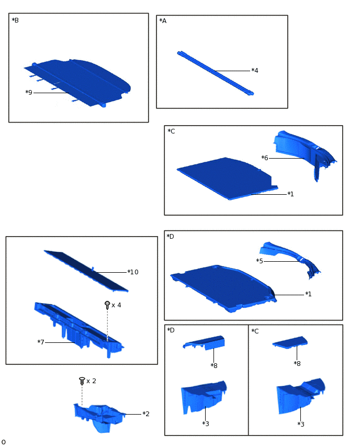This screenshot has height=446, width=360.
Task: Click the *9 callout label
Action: [29, 93]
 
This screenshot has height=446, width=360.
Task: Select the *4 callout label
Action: [255, 70]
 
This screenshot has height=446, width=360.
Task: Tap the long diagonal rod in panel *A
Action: [215, 73]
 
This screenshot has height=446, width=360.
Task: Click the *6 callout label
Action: [265, 158]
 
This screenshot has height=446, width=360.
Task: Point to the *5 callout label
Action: [260, 261]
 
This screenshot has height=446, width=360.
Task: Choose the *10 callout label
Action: [133, 272]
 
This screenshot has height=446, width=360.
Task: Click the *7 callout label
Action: [41, 342]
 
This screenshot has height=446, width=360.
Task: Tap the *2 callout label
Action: [146, 414]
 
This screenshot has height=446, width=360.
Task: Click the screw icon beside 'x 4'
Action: [107, 305]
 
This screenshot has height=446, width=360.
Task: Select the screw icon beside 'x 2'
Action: [82, 381]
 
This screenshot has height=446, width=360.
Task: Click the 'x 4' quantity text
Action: [116, 305]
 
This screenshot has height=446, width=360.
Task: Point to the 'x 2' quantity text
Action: [91, 381]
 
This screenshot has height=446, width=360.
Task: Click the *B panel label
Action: [15, 20]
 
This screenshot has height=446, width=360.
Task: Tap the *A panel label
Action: [163, 21]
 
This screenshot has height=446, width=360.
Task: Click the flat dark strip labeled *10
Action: [86, 271]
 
